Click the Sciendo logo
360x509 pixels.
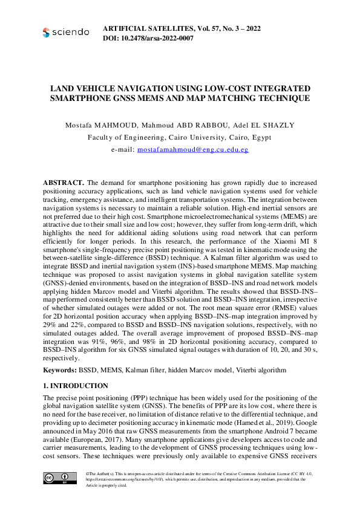click(x=66, y=32)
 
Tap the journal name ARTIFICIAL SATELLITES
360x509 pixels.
click(x=155, y=28)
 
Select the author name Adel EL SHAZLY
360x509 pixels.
click(x=264, y=125)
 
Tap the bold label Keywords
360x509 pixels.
click(x=59, y=369)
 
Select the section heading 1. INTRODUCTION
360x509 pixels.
click(x=76, y=386)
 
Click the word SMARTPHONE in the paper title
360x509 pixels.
click(x=80, y=98)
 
